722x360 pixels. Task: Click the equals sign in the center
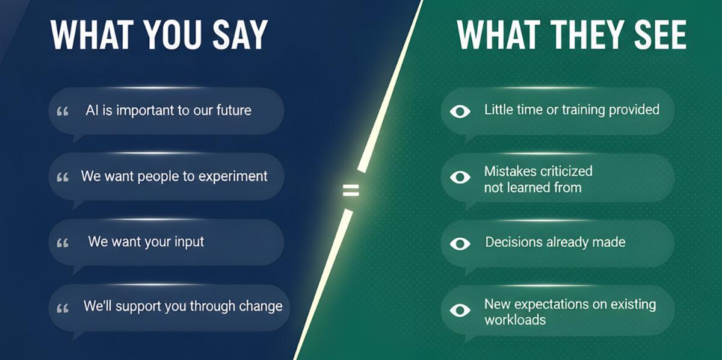point(351,190)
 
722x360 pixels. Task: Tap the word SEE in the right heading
point(660,34)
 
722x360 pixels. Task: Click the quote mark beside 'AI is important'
point(63,111)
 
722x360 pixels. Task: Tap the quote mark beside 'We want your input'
point(63,243)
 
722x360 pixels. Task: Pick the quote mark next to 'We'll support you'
point(63,308)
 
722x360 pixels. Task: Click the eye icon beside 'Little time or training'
point(460,111)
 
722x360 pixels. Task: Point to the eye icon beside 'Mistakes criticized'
point(460,177)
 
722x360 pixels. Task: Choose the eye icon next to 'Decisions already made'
point(460,244)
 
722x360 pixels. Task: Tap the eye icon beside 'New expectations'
point(460,310)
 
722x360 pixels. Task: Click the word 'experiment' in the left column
point(233,177)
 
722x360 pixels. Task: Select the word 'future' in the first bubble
point(233,110)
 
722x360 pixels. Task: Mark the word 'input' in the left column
point(189,242)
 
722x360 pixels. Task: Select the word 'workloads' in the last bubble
point(515,320)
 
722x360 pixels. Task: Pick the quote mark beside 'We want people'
point(63,178)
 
